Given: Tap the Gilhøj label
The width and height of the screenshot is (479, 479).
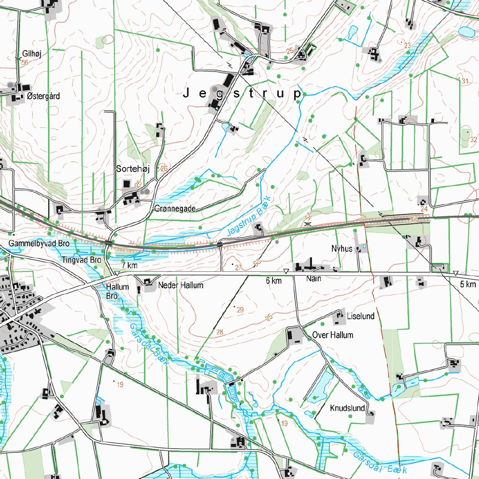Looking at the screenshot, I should coord(32,54).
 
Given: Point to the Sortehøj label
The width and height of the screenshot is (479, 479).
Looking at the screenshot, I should coord(132,169).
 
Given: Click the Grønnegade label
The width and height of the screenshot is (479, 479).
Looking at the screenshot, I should coord(174,209).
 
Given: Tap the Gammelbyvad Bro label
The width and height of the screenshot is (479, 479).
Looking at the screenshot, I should coord(39,244).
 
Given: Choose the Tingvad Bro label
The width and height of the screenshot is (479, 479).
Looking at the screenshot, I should coord(81,260).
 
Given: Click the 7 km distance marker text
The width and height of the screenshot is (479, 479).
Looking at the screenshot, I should coord(130,266).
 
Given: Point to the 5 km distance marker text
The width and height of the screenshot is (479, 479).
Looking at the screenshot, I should coord(467,284).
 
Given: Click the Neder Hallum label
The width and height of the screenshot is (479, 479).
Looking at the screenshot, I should coord(181,285).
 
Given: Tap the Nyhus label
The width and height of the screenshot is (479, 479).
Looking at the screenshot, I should coord(341,249).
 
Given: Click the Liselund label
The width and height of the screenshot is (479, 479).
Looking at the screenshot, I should coord(361,316).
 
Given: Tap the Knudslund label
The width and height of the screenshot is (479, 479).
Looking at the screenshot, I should coord(347,408).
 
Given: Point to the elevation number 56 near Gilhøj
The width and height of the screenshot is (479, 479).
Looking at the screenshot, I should coord(24,63).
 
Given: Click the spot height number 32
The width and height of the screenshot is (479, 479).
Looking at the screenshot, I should coord(473,140).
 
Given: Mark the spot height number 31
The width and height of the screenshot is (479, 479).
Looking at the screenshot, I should coord(464,81).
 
